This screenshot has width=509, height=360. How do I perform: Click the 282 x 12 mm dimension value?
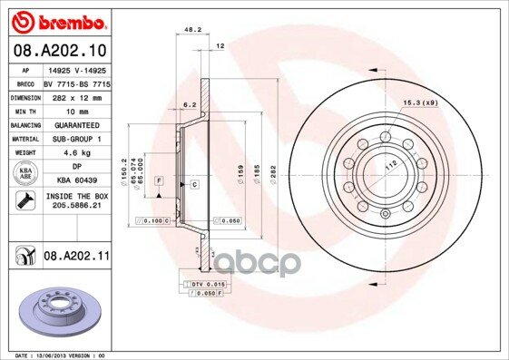[x=75, y=96]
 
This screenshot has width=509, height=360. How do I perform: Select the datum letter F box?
[x=159, y=183]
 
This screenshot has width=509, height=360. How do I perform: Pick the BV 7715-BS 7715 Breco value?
[x=75, y=83]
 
